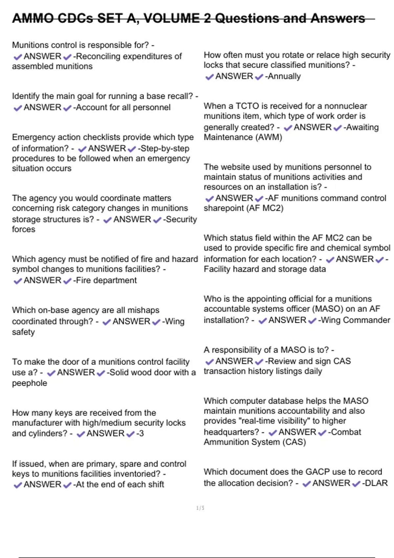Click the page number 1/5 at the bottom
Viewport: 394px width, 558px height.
click(200, 508)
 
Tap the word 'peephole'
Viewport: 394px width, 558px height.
click(30, 383)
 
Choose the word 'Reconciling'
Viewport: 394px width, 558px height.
click(98, 56)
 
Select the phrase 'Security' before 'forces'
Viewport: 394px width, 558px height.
click(182, 219)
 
